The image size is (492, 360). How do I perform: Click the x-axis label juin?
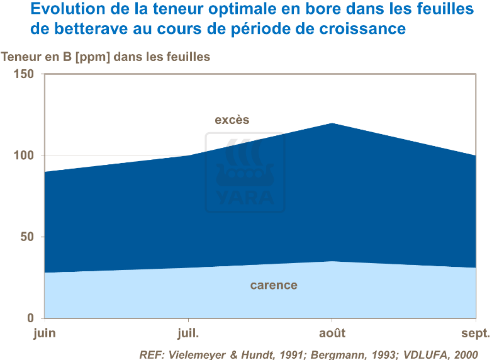44,333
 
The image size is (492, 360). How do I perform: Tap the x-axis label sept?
475,333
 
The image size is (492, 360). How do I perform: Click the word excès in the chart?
232,120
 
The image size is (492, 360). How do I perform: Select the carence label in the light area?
274,285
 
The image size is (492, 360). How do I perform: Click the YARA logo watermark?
245,173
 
